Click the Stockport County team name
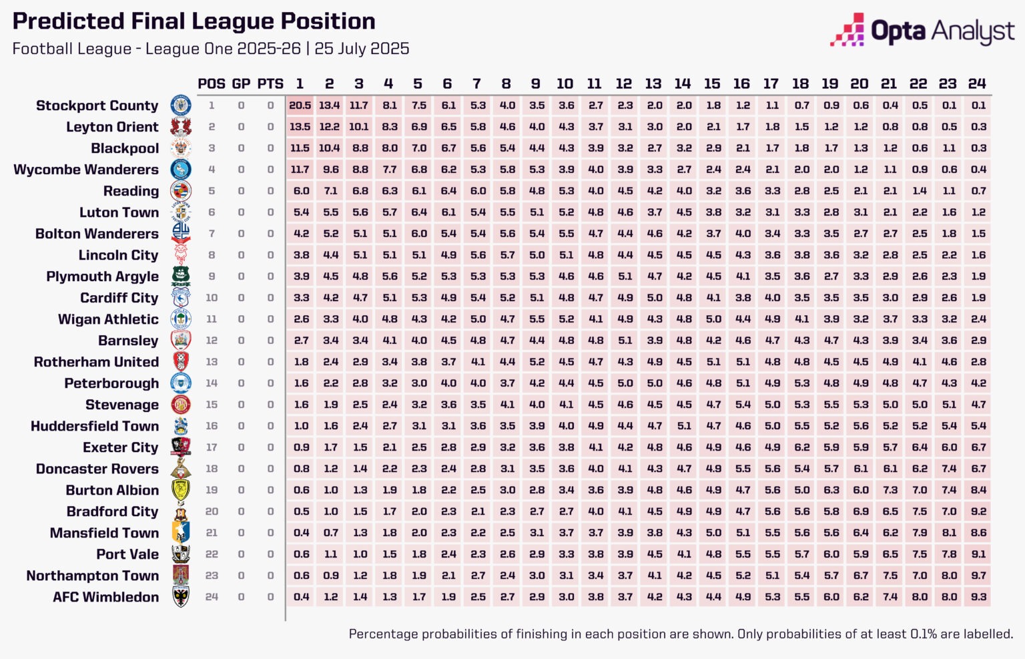(97, 105)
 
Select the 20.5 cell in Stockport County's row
(300, 105)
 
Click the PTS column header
(270, 83)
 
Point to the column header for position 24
(977, 83)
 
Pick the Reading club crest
(181, 191)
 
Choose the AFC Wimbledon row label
(105, 597)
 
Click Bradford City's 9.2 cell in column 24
(978, 511)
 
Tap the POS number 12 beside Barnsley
(212, 341)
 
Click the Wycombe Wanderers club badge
(181, 170)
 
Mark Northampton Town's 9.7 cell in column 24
(978, 576)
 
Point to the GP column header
(241, 83)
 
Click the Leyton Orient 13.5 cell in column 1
(300, 127)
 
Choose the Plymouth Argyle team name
(102, 276)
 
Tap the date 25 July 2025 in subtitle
(362, 49)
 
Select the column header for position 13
(653, 83)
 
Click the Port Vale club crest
(181, 554)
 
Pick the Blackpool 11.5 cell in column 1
(300, 148)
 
